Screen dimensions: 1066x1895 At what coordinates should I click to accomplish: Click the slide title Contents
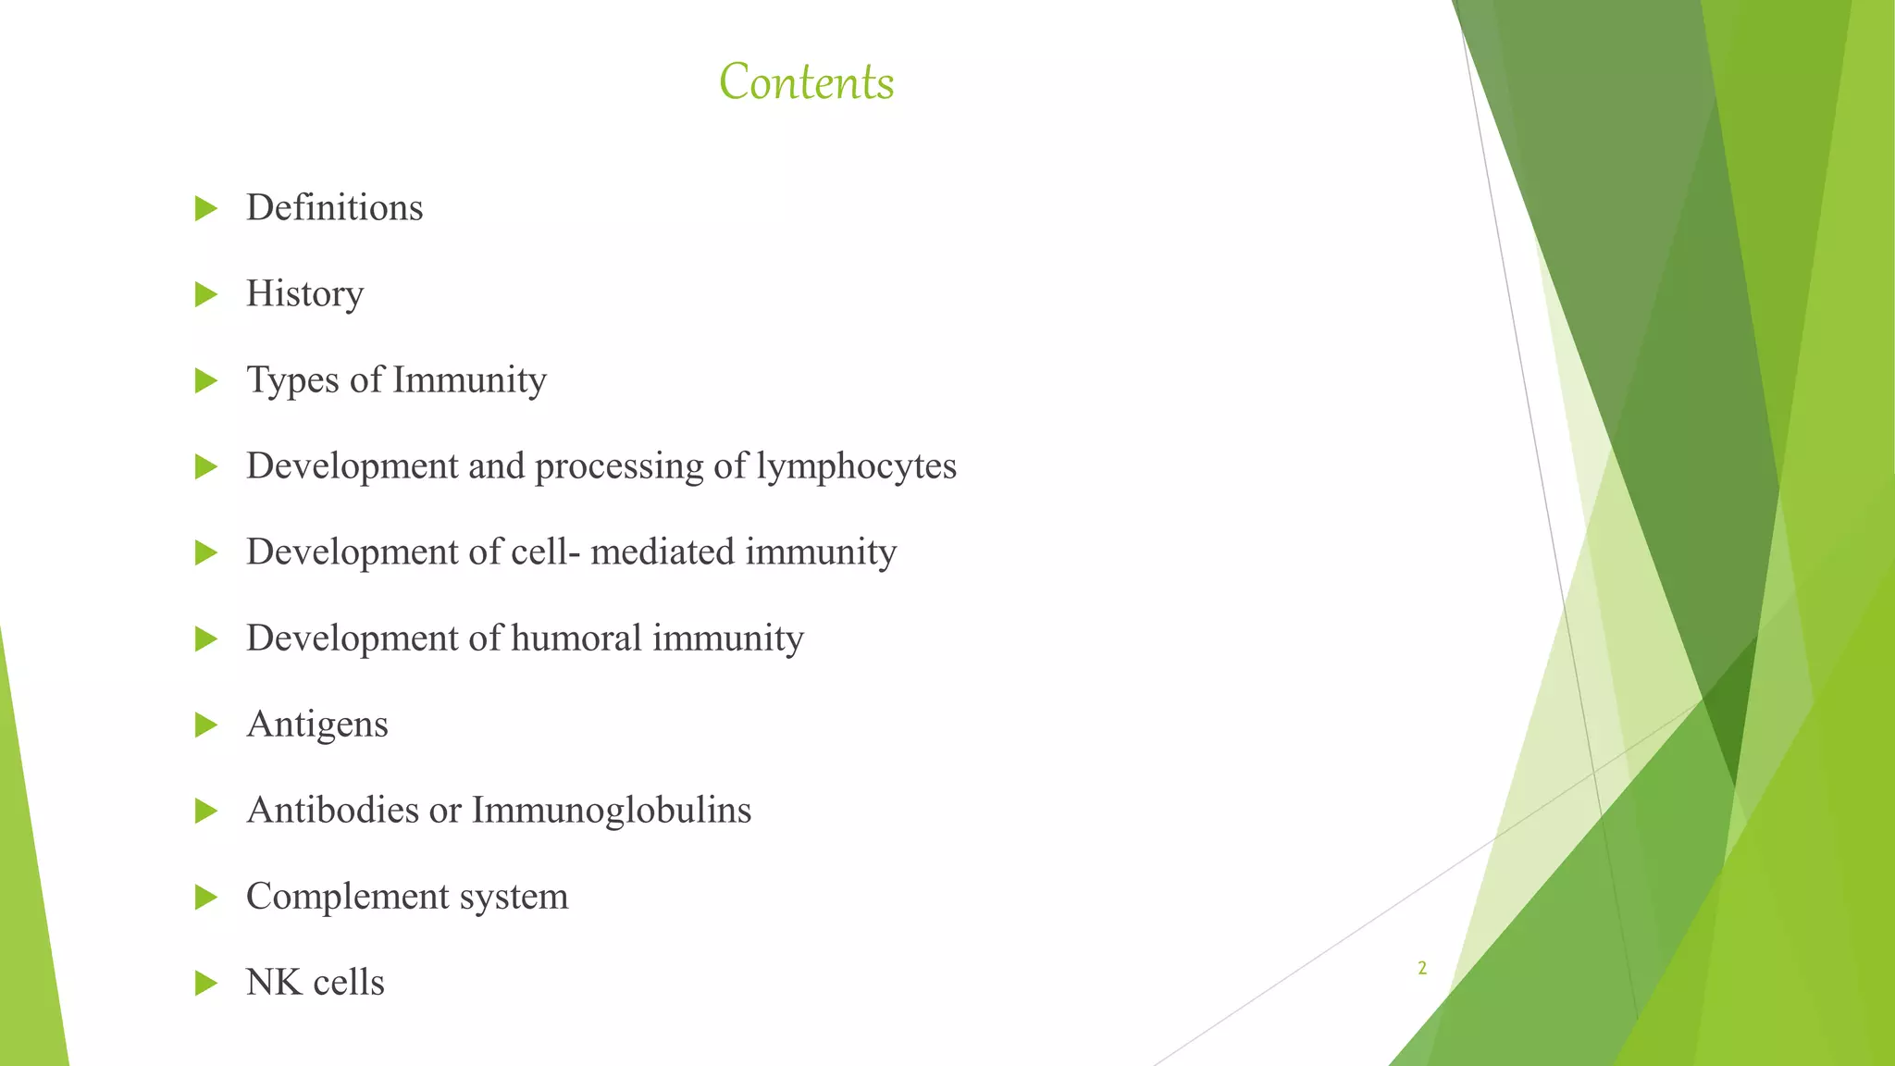click(806, 81)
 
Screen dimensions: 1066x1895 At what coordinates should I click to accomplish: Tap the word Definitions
click(334, 207)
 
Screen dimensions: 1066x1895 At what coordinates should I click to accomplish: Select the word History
click(304, 294)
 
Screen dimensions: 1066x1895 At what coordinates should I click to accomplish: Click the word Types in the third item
click(292, 380)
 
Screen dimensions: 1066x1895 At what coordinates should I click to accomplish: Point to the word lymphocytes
click(856, 466)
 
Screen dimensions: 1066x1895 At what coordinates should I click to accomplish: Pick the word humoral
click(576, 638)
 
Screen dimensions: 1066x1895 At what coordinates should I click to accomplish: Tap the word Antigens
click(316, 724)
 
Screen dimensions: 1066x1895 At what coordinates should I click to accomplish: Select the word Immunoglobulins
click(611, 810)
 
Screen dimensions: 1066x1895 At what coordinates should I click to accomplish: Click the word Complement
click(335, 897)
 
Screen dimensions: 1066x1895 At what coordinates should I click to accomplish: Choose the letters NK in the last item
click(274, 982)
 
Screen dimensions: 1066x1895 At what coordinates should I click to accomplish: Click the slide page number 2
click(1422, 968)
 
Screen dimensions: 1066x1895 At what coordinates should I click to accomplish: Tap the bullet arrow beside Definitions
click(205, 208)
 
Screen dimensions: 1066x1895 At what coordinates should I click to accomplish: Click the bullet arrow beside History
click(205, 295)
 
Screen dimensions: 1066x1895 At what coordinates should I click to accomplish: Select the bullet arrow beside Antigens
click(205, 725)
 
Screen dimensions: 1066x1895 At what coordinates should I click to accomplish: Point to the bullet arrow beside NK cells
click(205, 984)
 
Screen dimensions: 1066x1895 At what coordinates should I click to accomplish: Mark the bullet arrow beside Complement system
click(205, 898)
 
